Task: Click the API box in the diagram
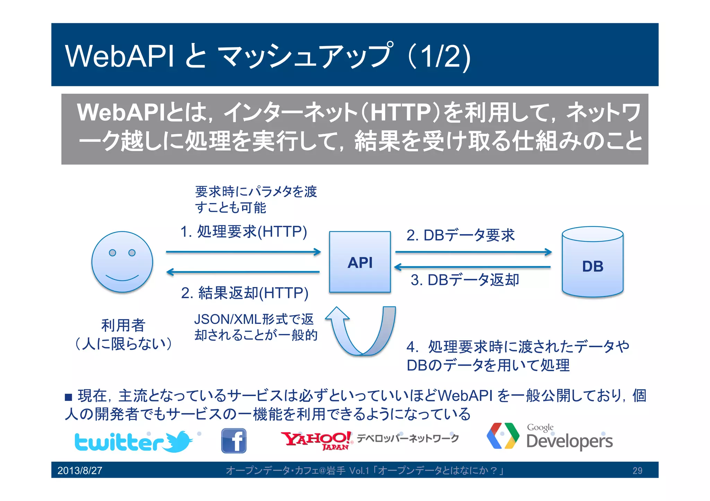360,262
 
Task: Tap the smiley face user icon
122,262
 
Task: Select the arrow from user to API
243,252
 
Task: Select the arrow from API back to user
243,272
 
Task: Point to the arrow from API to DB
473,252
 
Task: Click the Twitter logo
133,441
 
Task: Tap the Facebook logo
234,441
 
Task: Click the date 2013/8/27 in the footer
80,471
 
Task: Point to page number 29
637,471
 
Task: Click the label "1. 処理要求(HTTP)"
244,232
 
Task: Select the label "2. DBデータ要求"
460,235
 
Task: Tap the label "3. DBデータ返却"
465,280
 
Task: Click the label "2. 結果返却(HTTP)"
245,293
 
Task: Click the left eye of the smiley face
112,253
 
